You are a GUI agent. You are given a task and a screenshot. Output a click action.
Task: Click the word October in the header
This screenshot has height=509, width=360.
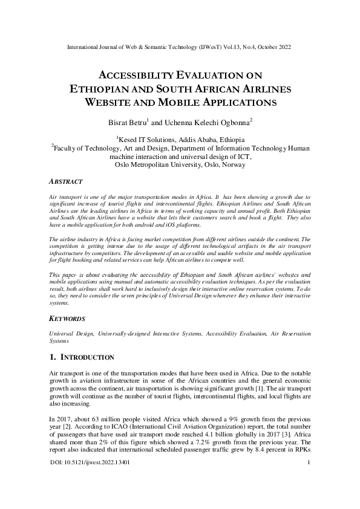(266, 46)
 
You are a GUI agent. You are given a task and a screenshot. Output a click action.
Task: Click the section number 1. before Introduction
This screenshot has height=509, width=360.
(53, 357)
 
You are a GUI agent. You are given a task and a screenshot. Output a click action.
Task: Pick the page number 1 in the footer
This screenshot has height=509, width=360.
(309, 481)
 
